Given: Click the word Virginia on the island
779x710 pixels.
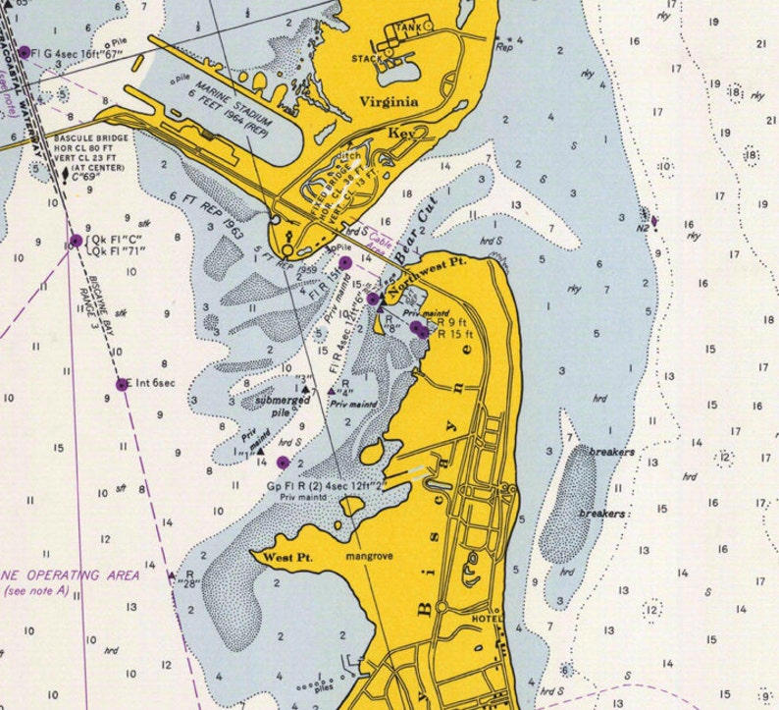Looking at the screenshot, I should [389, 102].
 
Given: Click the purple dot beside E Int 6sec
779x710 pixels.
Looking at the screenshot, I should [123, 385].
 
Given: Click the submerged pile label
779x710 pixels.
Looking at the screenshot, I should [255, 406].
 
